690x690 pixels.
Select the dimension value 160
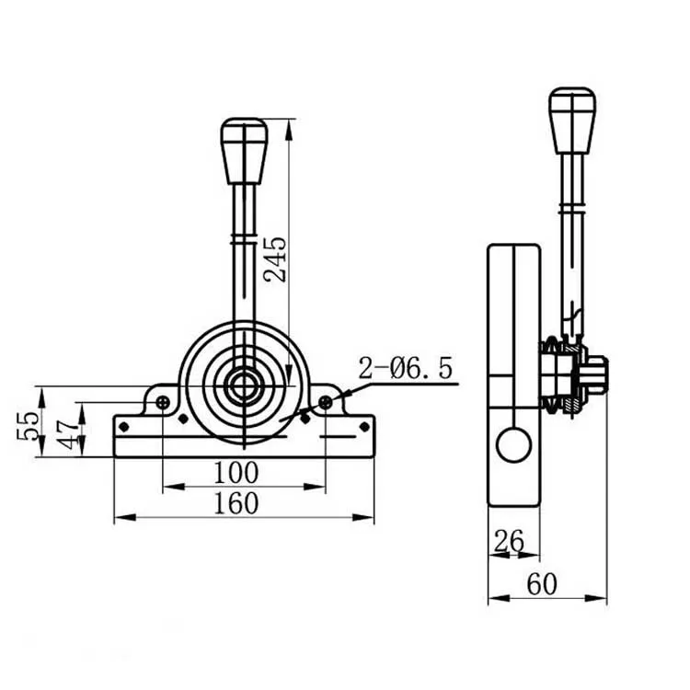coord(236,503)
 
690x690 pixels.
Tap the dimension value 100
coord(236,474)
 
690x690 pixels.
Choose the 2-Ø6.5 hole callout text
coord(406,369)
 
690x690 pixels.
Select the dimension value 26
coord(508,542)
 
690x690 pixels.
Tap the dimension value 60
coord(542,584)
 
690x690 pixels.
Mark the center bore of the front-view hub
coord(244,385)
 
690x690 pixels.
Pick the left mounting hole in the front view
coord(163,402)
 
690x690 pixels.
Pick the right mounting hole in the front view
coord(325,402)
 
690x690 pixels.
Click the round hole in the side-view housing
coord(513,445)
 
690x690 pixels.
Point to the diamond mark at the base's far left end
coord(123,426)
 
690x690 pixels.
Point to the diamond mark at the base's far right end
coord(364,426)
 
